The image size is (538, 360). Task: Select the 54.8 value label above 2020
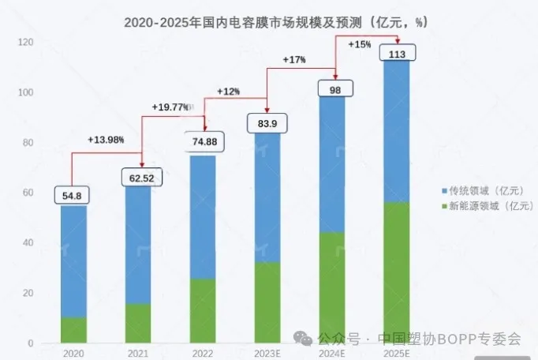pos(73,194)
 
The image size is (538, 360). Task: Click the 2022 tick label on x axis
pos(204,353)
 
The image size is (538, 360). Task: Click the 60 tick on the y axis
pos(28,193)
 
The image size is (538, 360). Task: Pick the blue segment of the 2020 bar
pos(73,261)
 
